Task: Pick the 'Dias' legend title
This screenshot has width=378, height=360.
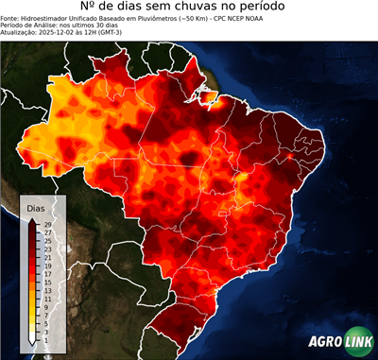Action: [36, 207]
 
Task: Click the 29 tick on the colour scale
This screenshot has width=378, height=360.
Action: [45, 223]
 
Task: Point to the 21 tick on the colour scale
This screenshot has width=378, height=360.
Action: [45, 257]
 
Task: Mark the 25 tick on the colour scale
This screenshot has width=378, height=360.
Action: [45, 240]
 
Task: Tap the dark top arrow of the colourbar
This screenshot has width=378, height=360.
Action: [31, 219]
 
